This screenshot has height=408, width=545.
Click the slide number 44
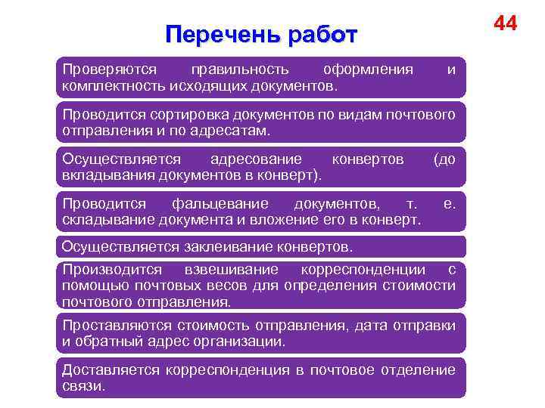coord(505,23)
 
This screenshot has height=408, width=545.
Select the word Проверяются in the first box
coord(101,70)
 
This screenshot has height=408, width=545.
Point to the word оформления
coord(368,70)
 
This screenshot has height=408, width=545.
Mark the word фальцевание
coord(220,204)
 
